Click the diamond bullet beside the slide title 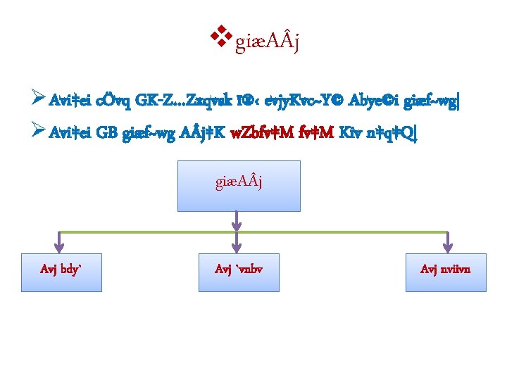tap(223, 35)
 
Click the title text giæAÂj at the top tap(268, 44)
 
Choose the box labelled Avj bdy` tap(61, 272)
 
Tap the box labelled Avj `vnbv tap(239, 272)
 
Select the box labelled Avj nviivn tap(446, 272)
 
